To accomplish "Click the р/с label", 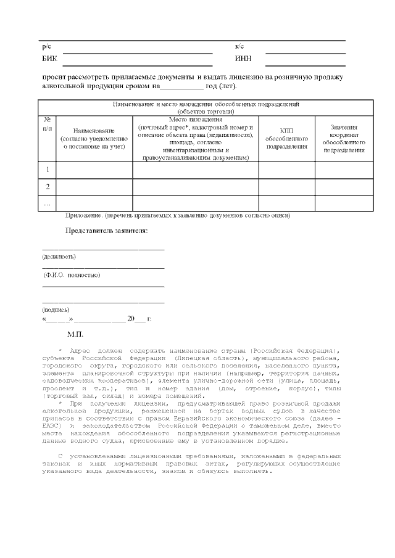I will tap(46, 47).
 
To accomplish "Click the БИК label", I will tap(49, 59).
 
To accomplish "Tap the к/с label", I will tap(239, 47).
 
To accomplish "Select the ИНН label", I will tap(243, 59).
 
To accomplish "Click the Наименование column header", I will tap(94, 139).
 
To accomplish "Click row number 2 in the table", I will tap(48, 186).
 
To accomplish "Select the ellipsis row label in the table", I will tap(48, 202).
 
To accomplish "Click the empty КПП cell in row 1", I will tap(286, 170).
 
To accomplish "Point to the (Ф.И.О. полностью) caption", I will tap(72, 275).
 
